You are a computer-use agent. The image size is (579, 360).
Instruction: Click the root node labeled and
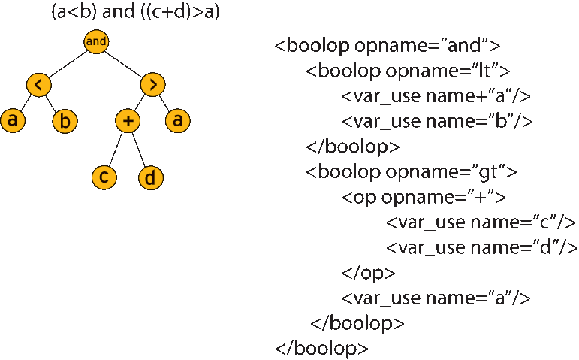96,41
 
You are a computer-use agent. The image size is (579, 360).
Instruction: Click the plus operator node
128,120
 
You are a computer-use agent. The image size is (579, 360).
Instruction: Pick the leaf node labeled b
65,120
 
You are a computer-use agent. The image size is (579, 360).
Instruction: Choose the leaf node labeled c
104,177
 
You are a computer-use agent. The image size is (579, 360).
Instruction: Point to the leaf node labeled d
151,177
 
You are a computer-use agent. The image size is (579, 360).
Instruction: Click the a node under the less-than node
13,120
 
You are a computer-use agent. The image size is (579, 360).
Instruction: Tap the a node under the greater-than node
178,120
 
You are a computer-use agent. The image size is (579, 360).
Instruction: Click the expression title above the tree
135,13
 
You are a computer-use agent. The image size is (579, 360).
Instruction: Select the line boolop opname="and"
388,45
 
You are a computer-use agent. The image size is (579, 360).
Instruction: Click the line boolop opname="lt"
409,71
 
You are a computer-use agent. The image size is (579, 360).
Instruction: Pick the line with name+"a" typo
436,96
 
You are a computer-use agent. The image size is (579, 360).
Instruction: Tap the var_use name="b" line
437,121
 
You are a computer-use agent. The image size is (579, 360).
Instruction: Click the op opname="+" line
424,198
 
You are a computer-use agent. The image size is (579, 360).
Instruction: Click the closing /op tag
368,273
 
